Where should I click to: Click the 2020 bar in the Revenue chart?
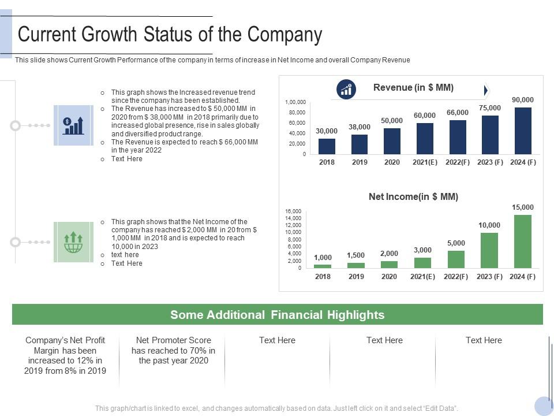[392, 141]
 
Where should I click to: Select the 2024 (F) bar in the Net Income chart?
[523, 242]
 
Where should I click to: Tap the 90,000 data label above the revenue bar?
[523, 100]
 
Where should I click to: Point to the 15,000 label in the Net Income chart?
[523, 207]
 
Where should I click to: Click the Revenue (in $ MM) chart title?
[413, 88]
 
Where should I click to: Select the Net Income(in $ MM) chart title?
[413, 197]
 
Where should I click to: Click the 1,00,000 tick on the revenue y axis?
[295, 102]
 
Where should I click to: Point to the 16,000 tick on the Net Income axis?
[293, 211]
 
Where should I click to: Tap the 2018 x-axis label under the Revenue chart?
[327, 162]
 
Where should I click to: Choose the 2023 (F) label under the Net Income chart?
[489, 277]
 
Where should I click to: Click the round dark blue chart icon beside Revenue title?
[346, 90]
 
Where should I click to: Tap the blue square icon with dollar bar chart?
[73, 125]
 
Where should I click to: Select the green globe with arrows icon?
[73, 242]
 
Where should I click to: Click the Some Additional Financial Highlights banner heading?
[277, 315]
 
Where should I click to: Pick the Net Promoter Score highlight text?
[173, 350]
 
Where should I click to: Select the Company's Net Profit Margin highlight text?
[65, 355]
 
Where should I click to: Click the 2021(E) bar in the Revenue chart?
[425, 139]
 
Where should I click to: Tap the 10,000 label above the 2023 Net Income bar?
[489, 225]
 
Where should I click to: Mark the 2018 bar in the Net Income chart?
[323, 266]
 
